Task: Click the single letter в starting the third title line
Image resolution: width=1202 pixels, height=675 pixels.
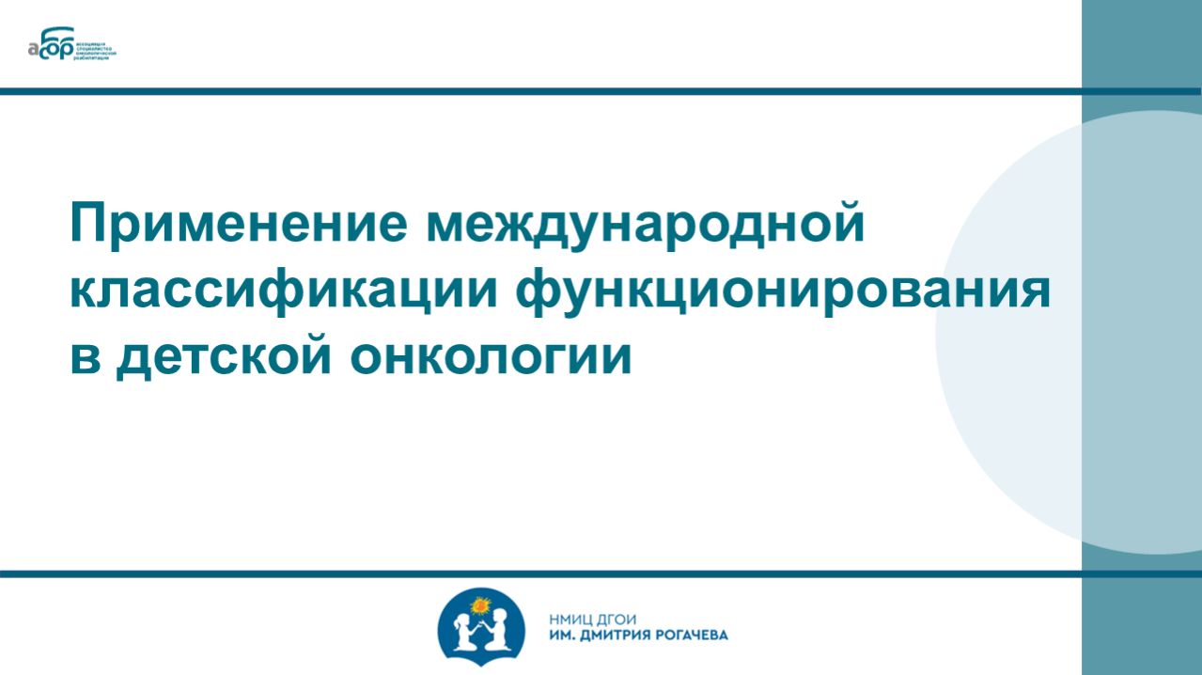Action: click(85, 359)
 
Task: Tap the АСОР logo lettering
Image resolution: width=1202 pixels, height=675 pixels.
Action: click(55, 46)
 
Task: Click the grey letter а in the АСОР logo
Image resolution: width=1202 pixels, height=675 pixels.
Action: click(35, 51)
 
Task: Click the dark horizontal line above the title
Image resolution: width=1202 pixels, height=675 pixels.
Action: click(540, 91)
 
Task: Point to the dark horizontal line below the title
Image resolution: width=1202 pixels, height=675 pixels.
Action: click(540, 573)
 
